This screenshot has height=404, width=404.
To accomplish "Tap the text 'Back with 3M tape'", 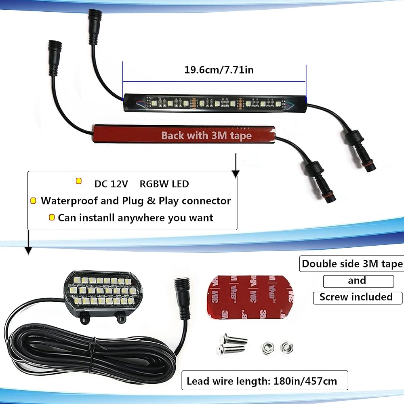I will pos(206,135).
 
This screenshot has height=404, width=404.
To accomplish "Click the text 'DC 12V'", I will pos(111,184).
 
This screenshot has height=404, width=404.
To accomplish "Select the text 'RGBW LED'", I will pos(164,184).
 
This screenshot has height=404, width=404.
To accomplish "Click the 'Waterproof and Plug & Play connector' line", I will pos(136,201).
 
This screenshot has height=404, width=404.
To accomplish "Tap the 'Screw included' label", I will pos(356,297).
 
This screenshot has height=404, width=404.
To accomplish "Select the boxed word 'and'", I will pos(357,280).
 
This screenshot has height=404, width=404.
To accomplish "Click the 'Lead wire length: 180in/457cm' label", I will pos(262,381).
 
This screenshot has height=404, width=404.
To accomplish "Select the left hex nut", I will pos(267,347).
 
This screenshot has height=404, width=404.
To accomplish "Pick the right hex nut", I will pos(286,346).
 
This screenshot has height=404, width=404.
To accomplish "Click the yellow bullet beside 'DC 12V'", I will pos(78,181).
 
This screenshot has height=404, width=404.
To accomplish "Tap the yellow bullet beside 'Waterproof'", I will pos(33,201).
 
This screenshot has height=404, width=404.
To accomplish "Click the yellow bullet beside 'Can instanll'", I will pos(52,218).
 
